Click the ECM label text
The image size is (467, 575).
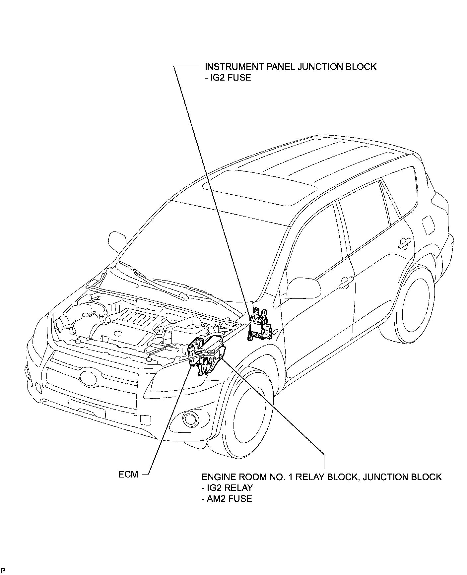pos(128,474)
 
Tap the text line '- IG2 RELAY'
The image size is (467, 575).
pos(227,488)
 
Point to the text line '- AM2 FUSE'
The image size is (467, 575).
pos(227,499)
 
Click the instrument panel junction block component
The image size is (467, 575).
pos(261,325)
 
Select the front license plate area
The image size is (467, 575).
pos(87,409)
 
